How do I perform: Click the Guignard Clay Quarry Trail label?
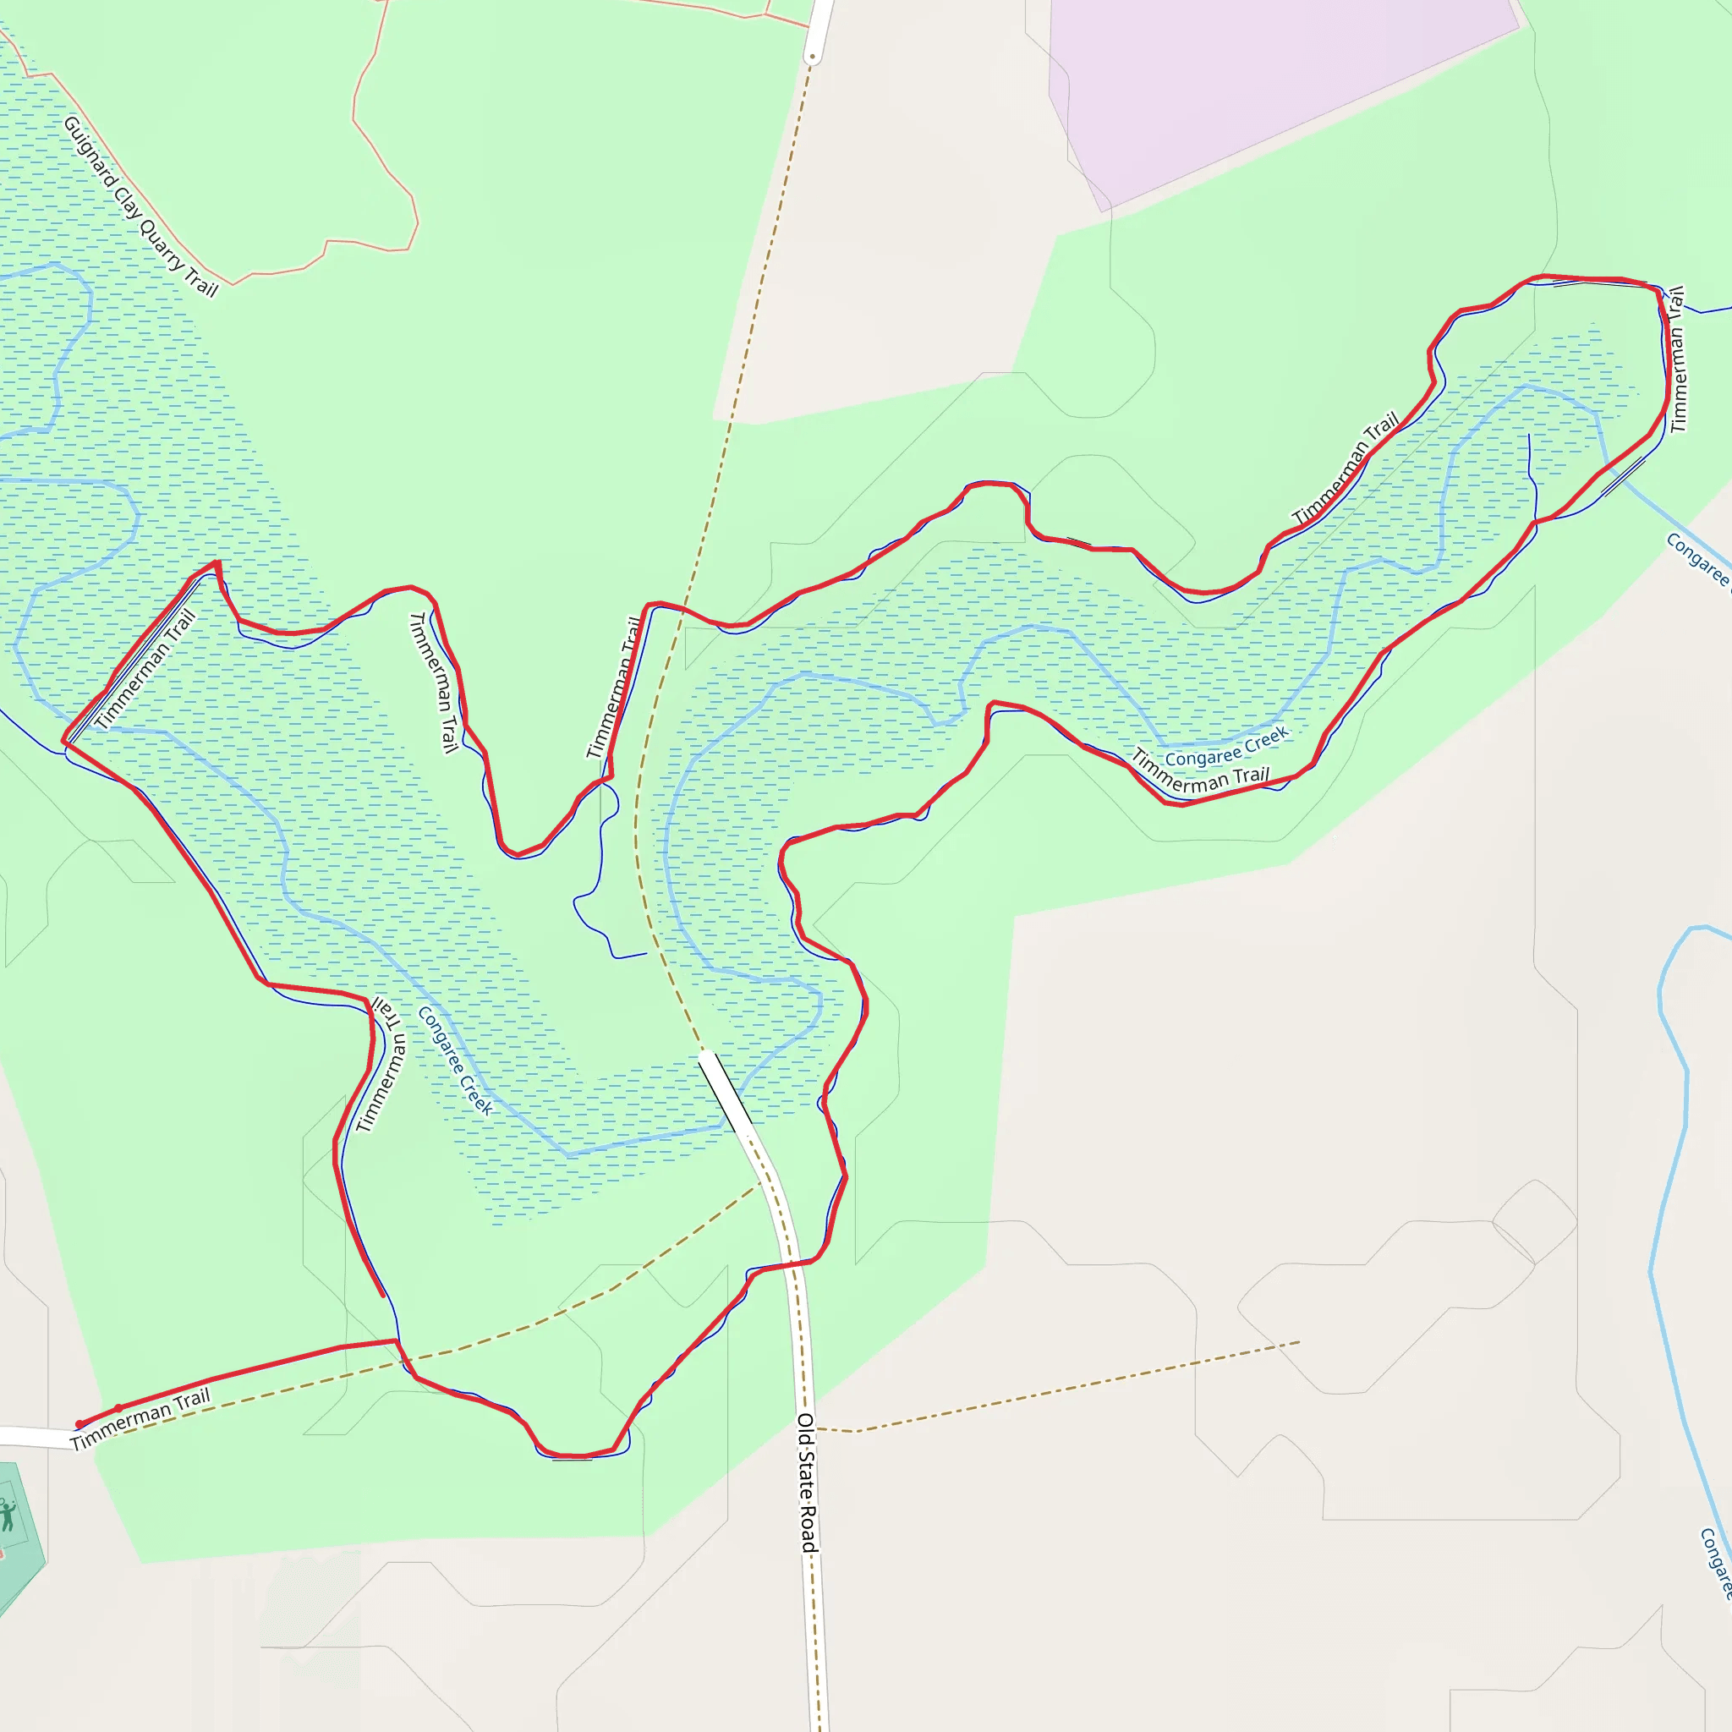pos(140,207)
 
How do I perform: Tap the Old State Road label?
pos(807,1483)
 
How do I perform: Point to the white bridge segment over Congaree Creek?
pos(726,1092)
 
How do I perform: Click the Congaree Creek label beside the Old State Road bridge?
pos(454,1061)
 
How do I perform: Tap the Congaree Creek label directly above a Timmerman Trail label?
pos(1226,747)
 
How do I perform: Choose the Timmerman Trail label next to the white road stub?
pos(140,1418)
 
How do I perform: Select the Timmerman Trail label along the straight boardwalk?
pos(145,668)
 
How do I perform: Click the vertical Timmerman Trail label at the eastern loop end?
pos(1678,359)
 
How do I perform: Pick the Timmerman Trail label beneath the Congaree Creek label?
pos(1199,772)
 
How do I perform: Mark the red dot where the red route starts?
pos(79,1423)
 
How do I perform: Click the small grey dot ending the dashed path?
pos(812,58)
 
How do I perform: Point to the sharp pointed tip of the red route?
pos(217,563)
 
